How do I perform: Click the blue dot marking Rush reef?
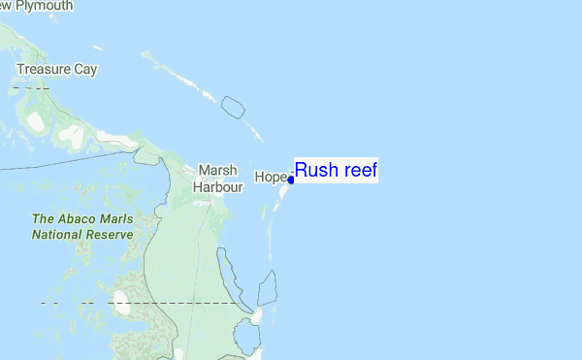point(291,180)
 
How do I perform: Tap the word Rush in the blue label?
point(314,171)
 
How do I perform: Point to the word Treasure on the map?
point(46,70)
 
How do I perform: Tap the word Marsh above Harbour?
point(216,169)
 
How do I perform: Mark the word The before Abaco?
point(45,219)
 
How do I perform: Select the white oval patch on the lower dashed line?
point(120,302)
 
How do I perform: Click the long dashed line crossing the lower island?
point(194,303)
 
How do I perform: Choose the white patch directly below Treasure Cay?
point(36,120)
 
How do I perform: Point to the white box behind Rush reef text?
point(336,171)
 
